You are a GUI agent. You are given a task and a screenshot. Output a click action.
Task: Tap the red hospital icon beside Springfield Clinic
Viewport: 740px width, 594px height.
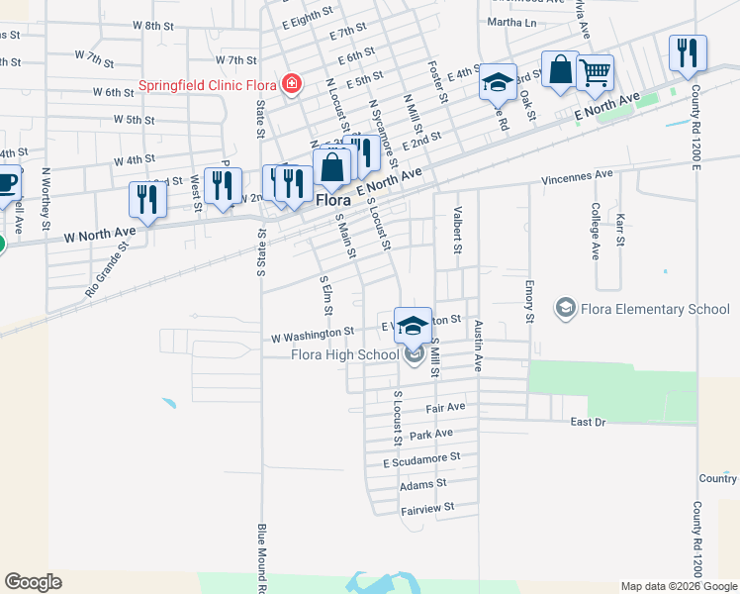(291, 83)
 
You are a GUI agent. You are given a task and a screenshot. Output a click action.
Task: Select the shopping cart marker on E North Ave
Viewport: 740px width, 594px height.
(595, 72)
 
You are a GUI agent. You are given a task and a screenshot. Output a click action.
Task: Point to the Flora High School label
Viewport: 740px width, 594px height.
(344, 355)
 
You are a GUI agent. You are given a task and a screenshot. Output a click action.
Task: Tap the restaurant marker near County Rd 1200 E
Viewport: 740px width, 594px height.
(688, 52)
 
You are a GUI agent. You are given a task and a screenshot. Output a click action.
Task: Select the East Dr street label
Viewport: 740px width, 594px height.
(588, 422)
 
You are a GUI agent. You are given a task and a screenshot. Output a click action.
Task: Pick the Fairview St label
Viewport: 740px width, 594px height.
(426, 507)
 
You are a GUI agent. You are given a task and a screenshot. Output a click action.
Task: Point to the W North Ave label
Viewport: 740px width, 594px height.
(99, 235)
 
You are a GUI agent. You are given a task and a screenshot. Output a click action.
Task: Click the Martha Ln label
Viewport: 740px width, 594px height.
(511, 22)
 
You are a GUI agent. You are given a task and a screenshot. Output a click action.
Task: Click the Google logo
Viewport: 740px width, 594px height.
(33, 582)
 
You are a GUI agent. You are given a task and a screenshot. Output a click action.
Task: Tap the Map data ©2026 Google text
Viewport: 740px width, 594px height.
(679, 586)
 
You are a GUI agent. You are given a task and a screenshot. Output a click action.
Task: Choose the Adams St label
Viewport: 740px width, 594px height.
(423, 484)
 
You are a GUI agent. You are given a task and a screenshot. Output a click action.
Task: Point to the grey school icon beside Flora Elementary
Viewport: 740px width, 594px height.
(565, 309)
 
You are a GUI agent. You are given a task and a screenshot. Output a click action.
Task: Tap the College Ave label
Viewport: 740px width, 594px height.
(597, 231)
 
